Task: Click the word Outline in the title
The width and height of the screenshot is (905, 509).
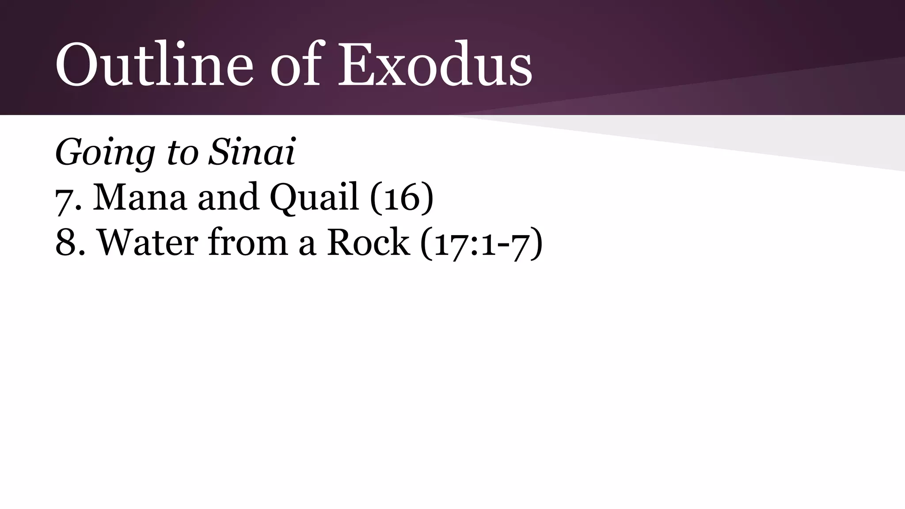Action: coord(154,64)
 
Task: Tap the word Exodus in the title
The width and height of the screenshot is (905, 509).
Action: coord(435,64)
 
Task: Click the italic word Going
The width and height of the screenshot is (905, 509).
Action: coord(105,153)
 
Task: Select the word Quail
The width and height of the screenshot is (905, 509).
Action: coord(314,197)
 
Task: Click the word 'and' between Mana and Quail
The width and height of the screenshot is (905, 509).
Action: coord(228,197)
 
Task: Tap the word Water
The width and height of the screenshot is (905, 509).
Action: coord(148,242)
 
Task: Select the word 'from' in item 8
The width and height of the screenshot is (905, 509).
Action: coord(248,242)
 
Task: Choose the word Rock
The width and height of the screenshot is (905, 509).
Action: coord(368,242)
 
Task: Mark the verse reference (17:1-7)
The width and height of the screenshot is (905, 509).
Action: coord(481,243)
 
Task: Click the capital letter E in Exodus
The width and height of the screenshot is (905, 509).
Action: coord(357,64)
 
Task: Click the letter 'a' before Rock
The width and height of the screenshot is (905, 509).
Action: coord(308,246)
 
